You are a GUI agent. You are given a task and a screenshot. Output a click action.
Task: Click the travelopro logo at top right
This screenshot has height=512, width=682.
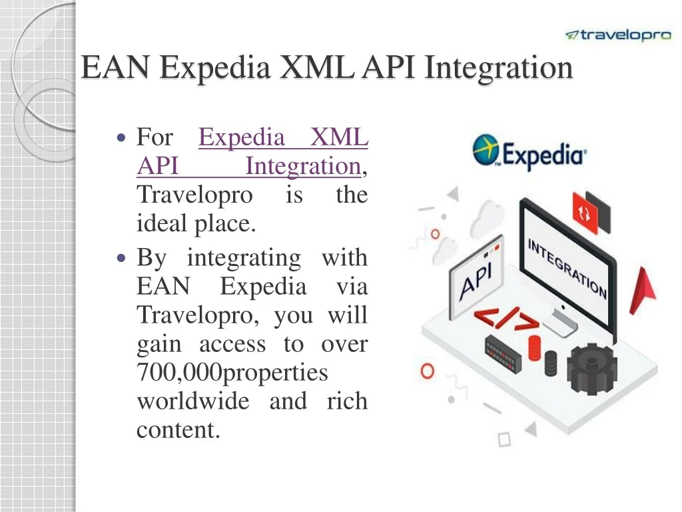point(618,35)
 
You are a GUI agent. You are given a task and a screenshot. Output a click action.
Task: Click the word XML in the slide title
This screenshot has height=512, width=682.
point(317,67)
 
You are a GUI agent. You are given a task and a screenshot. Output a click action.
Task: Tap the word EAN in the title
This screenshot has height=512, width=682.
point(116,67)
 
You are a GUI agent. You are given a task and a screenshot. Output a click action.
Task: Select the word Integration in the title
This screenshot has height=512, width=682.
point(498,68)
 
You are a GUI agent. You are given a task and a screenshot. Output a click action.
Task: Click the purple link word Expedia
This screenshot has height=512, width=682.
point(241,137)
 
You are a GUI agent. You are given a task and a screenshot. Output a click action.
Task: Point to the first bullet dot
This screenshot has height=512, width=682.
point(121,139)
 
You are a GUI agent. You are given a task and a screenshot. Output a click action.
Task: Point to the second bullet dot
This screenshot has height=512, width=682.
point(121,258)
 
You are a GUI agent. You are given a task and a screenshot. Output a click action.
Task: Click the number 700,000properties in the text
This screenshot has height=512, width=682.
point(232,373)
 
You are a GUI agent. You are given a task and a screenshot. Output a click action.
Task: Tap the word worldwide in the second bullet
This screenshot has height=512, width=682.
point(193,401)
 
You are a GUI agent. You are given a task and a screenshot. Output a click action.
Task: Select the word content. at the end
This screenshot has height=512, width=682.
point(178,430)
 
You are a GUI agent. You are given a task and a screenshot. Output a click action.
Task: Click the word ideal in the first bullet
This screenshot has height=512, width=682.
point(163,223)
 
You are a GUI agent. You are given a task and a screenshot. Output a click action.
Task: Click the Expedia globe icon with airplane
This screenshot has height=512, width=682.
point(486,150)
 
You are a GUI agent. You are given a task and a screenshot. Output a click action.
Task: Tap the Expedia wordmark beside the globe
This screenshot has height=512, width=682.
point(544,156)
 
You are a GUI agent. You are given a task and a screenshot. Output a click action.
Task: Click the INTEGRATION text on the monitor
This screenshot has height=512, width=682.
point(567,268)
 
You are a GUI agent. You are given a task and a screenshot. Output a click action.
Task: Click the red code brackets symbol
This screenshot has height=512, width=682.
point(507,319)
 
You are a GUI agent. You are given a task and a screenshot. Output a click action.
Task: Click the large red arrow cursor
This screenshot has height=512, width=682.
point(643,291)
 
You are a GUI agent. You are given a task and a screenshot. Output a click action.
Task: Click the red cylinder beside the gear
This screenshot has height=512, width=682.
point(534,348)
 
